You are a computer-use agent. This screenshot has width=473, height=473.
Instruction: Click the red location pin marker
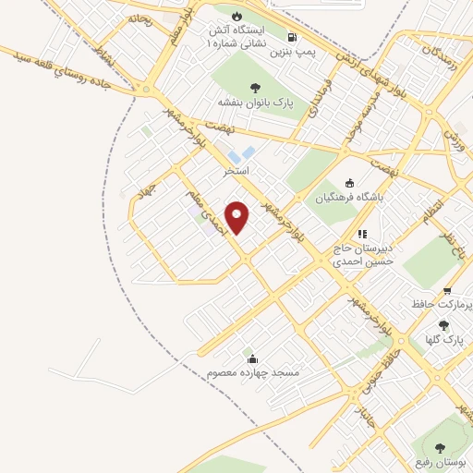[x=237, y=217]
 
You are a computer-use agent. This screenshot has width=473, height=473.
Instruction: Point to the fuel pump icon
[x=293, y=38]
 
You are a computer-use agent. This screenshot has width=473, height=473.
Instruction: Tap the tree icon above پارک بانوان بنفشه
[x=255, y=88]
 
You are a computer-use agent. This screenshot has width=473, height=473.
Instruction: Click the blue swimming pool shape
[x=249, y=152]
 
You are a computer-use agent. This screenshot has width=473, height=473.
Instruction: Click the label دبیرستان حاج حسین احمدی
[x=363, y=255]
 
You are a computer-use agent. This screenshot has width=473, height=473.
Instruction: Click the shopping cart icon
[x=448, y=289]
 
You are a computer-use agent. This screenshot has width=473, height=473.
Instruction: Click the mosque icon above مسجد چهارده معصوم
[x=251, y=358]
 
